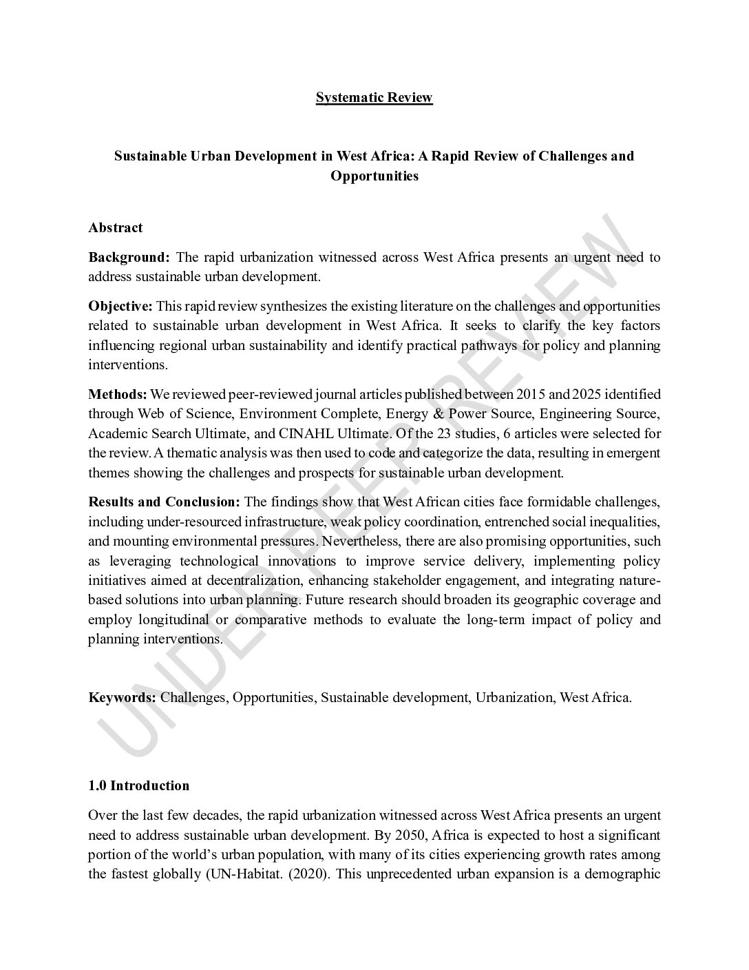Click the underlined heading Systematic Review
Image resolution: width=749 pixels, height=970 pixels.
click(x=374, y=97)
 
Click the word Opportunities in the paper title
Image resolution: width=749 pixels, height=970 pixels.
click(x=374, y=176)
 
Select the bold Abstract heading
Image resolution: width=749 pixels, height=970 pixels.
click(x=116, y=227)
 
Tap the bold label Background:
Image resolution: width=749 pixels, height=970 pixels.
click(x=129, y=258)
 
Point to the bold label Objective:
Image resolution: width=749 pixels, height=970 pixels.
click(x=120, y=306)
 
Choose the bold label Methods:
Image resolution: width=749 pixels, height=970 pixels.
click(x=118, y=395)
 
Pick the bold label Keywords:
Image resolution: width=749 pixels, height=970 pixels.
click(x=123, y=697)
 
